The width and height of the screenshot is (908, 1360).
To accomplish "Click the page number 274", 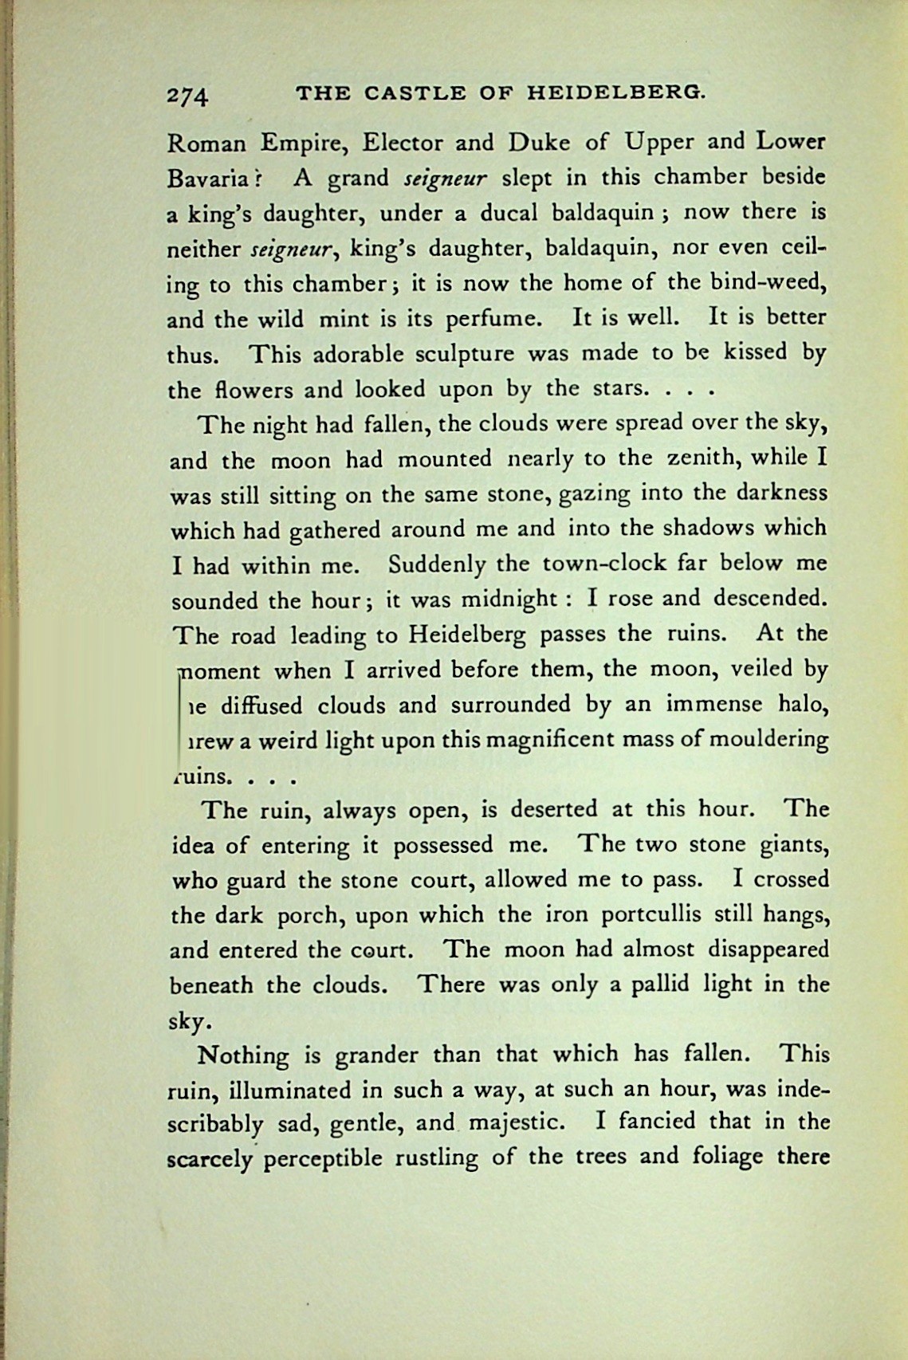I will tap(187, 96).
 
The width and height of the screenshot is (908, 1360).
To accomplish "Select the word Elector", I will tap(402, 143).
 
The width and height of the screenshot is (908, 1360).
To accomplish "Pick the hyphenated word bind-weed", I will tap(767, 282).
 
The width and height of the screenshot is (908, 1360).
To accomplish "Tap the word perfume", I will tap(493, 319).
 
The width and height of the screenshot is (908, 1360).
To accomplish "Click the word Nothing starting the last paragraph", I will tap(243, 1055).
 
